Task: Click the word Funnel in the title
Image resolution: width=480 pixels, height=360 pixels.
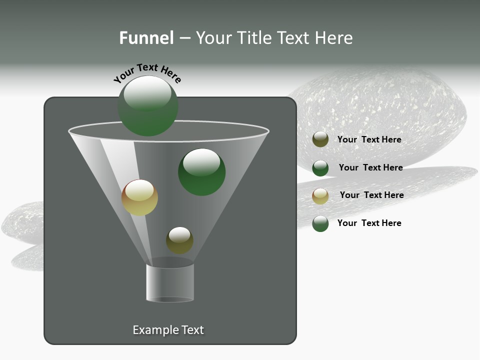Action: coord(146,38)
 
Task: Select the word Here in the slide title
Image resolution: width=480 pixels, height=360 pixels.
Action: coord(334,38)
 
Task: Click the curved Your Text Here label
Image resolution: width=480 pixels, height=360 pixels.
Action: coord(147,72)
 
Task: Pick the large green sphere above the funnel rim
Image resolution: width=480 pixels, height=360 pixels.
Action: coord(148,106)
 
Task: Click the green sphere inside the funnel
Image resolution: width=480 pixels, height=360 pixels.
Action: coord(201,172)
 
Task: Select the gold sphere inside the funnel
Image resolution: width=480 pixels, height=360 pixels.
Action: coord(139,197)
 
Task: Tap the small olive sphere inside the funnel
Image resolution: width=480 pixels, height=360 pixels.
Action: coord(179,240)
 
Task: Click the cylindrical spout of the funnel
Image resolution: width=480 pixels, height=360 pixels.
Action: coord(170,283)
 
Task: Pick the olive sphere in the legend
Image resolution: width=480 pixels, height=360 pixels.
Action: coord(320,139)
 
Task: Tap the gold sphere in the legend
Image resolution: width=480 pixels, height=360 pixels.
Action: coord(320,196)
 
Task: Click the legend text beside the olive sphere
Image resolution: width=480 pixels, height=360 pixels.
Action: coord(369,139)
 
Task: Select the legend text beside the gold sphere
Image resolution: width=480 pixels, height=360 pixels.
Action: coord(371,195)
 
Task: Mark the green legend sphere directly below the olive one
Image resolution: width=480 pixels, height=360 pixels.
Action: coord(320,168)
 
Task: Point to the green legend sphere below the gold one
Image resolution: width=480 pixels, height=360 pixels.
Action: coord(320,223)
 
